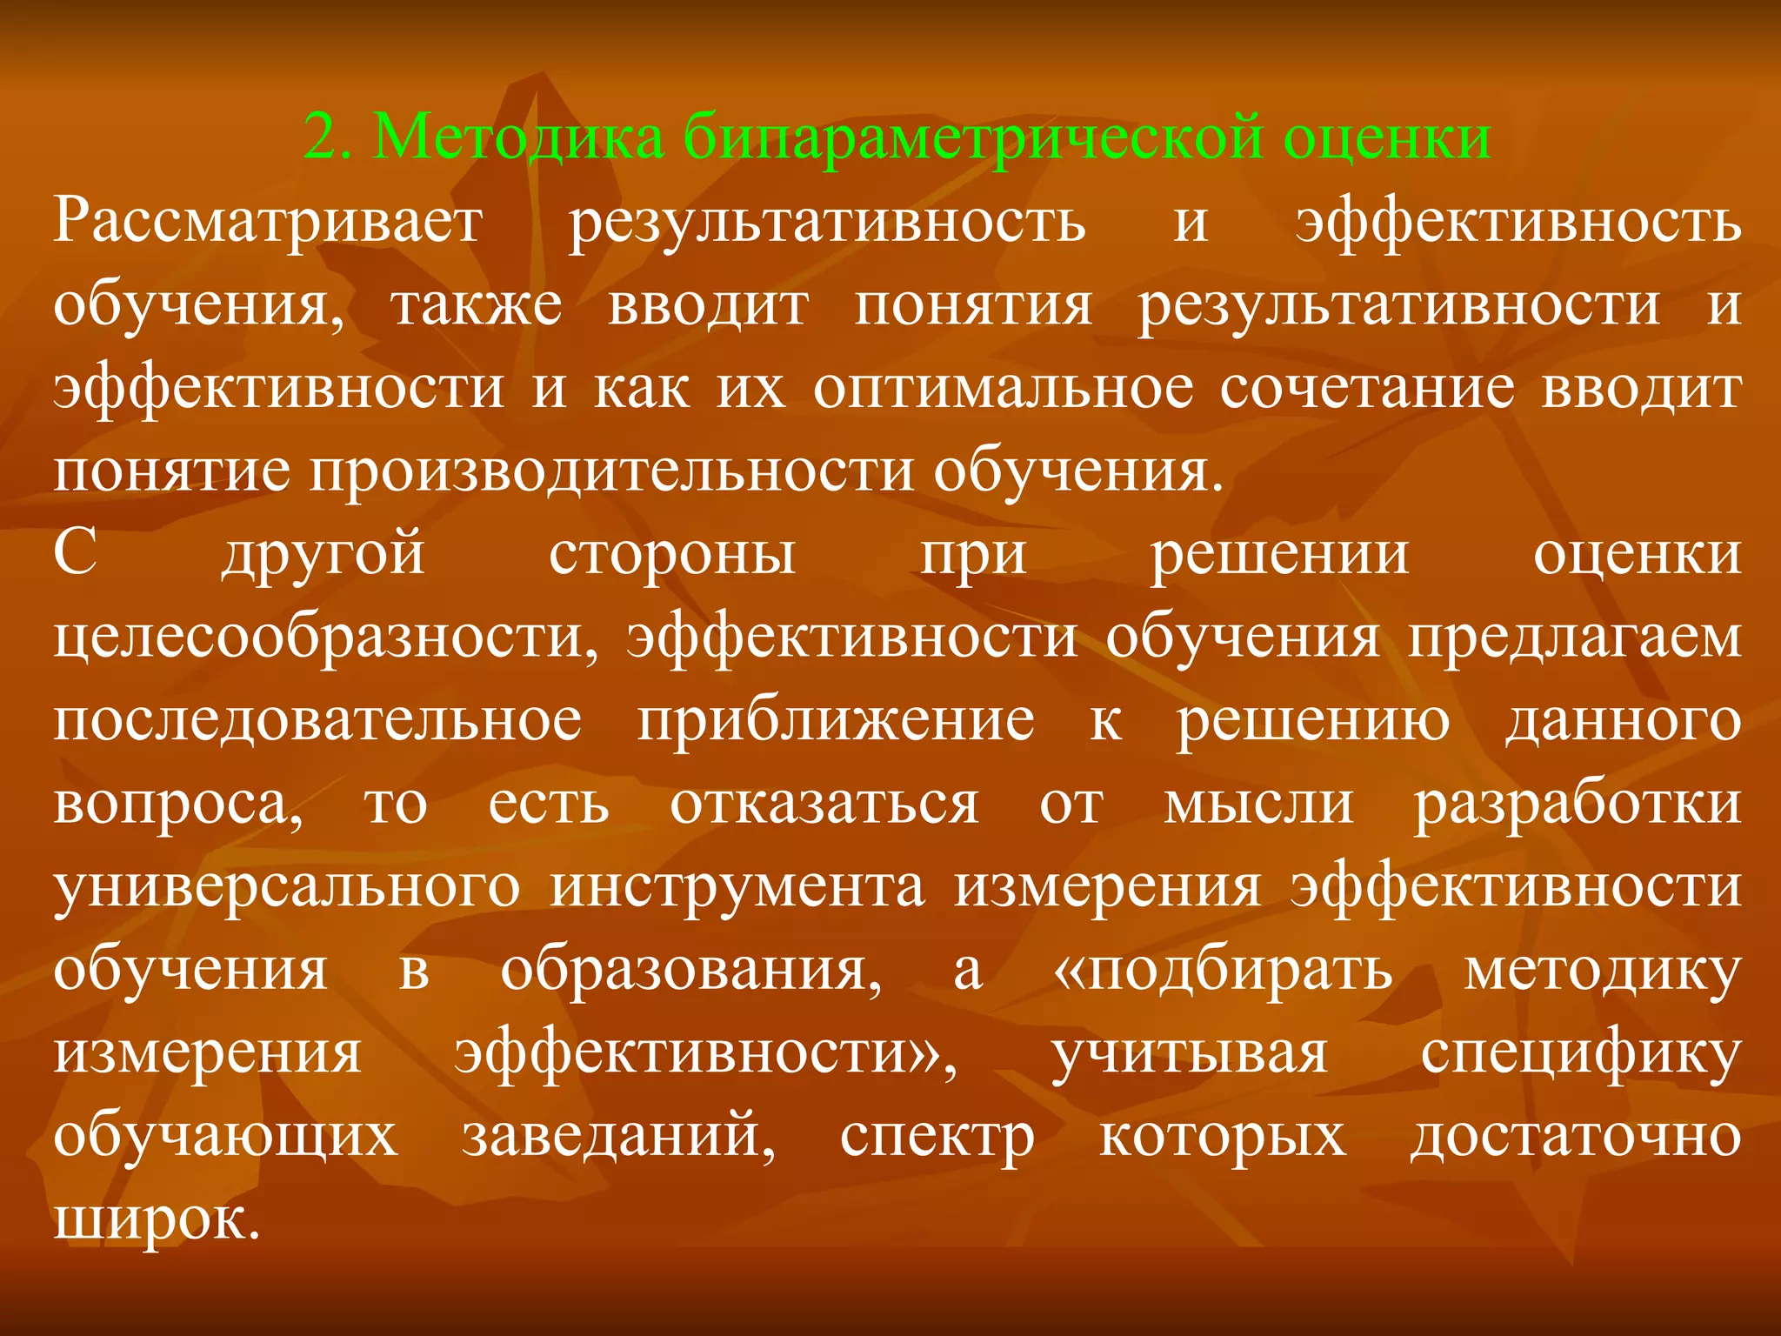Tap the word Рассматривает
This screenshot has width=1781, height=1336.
click(267, 221)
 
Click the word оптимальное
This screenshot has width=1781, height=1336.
click(1004, 388)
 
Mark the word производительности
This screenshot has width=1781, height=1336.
click(610, 471)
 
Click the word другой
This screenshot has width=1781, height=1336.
click(324, 555)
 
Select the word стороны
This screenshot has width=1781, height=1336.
click(672, 553)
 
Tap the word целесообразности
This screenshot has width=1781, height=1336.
click(326, 638)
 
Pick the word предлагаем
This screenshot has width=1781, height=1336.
click(1575, 638)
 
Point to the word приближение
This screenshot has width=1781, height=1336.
click(836, 722)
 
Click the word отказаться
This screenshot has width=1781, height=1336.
click(824, 804)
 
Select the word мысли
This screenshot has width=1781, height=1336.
click(1259, 804)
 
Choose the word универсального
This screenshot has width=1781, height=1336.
click(287, 887)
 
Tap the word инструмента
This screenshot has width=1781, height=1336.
click(737, 887)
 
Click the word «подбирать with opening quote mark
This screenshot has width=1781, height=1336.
click(1223, 971)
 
